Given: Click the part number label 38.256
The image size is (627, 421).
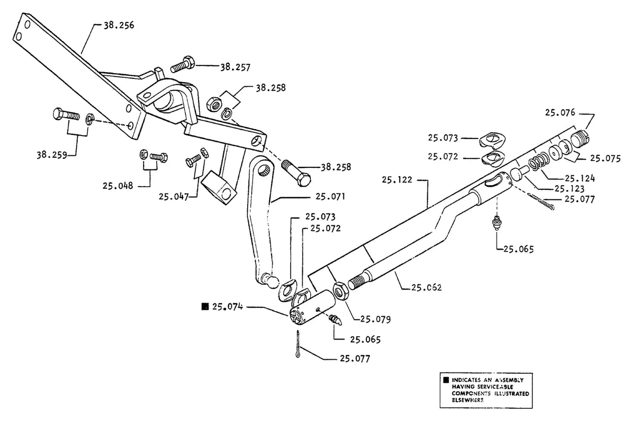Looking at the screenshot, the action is tap(119, 26).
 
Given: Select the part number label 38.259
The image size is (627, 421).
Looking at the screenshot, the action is tap(52, 155).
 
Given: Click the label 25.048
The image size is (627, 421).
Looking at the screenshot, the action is tap(118, 186).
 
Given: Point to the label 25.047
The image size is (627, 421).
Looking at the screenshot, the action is tap(174, 196).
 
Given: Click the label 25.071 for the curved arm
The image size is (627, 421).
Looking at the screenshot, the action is tap(330, 196).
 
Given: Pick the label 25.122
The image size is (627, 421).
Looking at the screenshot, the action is tap(397, 179).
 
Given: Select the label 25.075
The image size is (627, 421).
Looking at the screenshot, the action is tap(606, 158).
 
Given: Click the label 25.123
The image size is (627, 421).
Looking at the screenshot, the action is tap(570, 188).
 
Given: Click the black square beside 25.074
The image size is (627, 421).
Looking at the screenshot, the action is tap(205, 306).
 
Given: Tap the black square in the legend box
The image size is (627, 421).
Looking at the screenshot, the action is tap(446, 380).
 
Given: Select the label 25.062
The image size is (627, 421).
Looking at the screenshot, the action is tap(426, 288).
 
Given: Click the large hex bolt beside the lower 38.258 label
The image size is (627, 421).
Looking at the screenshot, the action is tap(296, 172).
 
